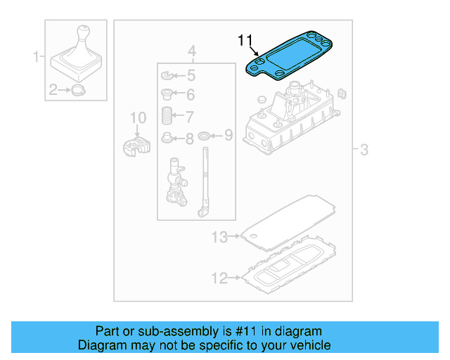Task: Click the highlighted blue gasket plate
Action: point(289,57)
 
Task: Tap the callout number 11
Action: point(244,40)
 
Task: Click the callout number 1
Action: point(36,57)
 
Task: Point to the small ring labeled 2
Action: point(78,89)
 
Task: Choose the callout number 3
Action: point(364,149)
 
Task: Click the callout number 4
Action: point(191,51)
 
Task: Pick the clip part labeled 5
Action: point(168,75)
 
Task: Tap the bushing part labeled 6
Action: point(167,94)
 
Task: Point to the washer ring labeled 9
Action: point(204,135)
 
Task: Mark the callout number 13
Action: point(220,237)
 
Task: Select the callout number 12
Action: point(220,278)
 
